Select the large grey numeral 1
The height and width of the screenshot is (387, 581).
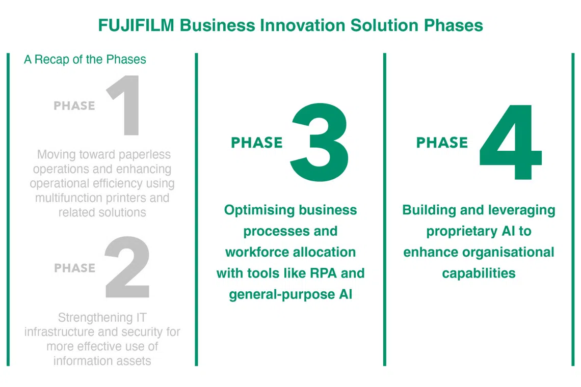[x=125, y=105]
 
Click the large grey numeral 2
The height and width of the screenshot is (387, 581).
[x=127, y=268]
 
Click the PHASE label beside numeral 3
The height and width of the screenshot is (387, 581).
[x=256, y=143]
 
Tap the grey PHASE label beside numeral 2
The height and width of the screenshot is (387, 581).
[x=74, y=268]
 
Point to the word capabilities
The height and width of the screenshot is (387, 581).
[x=479, y=273]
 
